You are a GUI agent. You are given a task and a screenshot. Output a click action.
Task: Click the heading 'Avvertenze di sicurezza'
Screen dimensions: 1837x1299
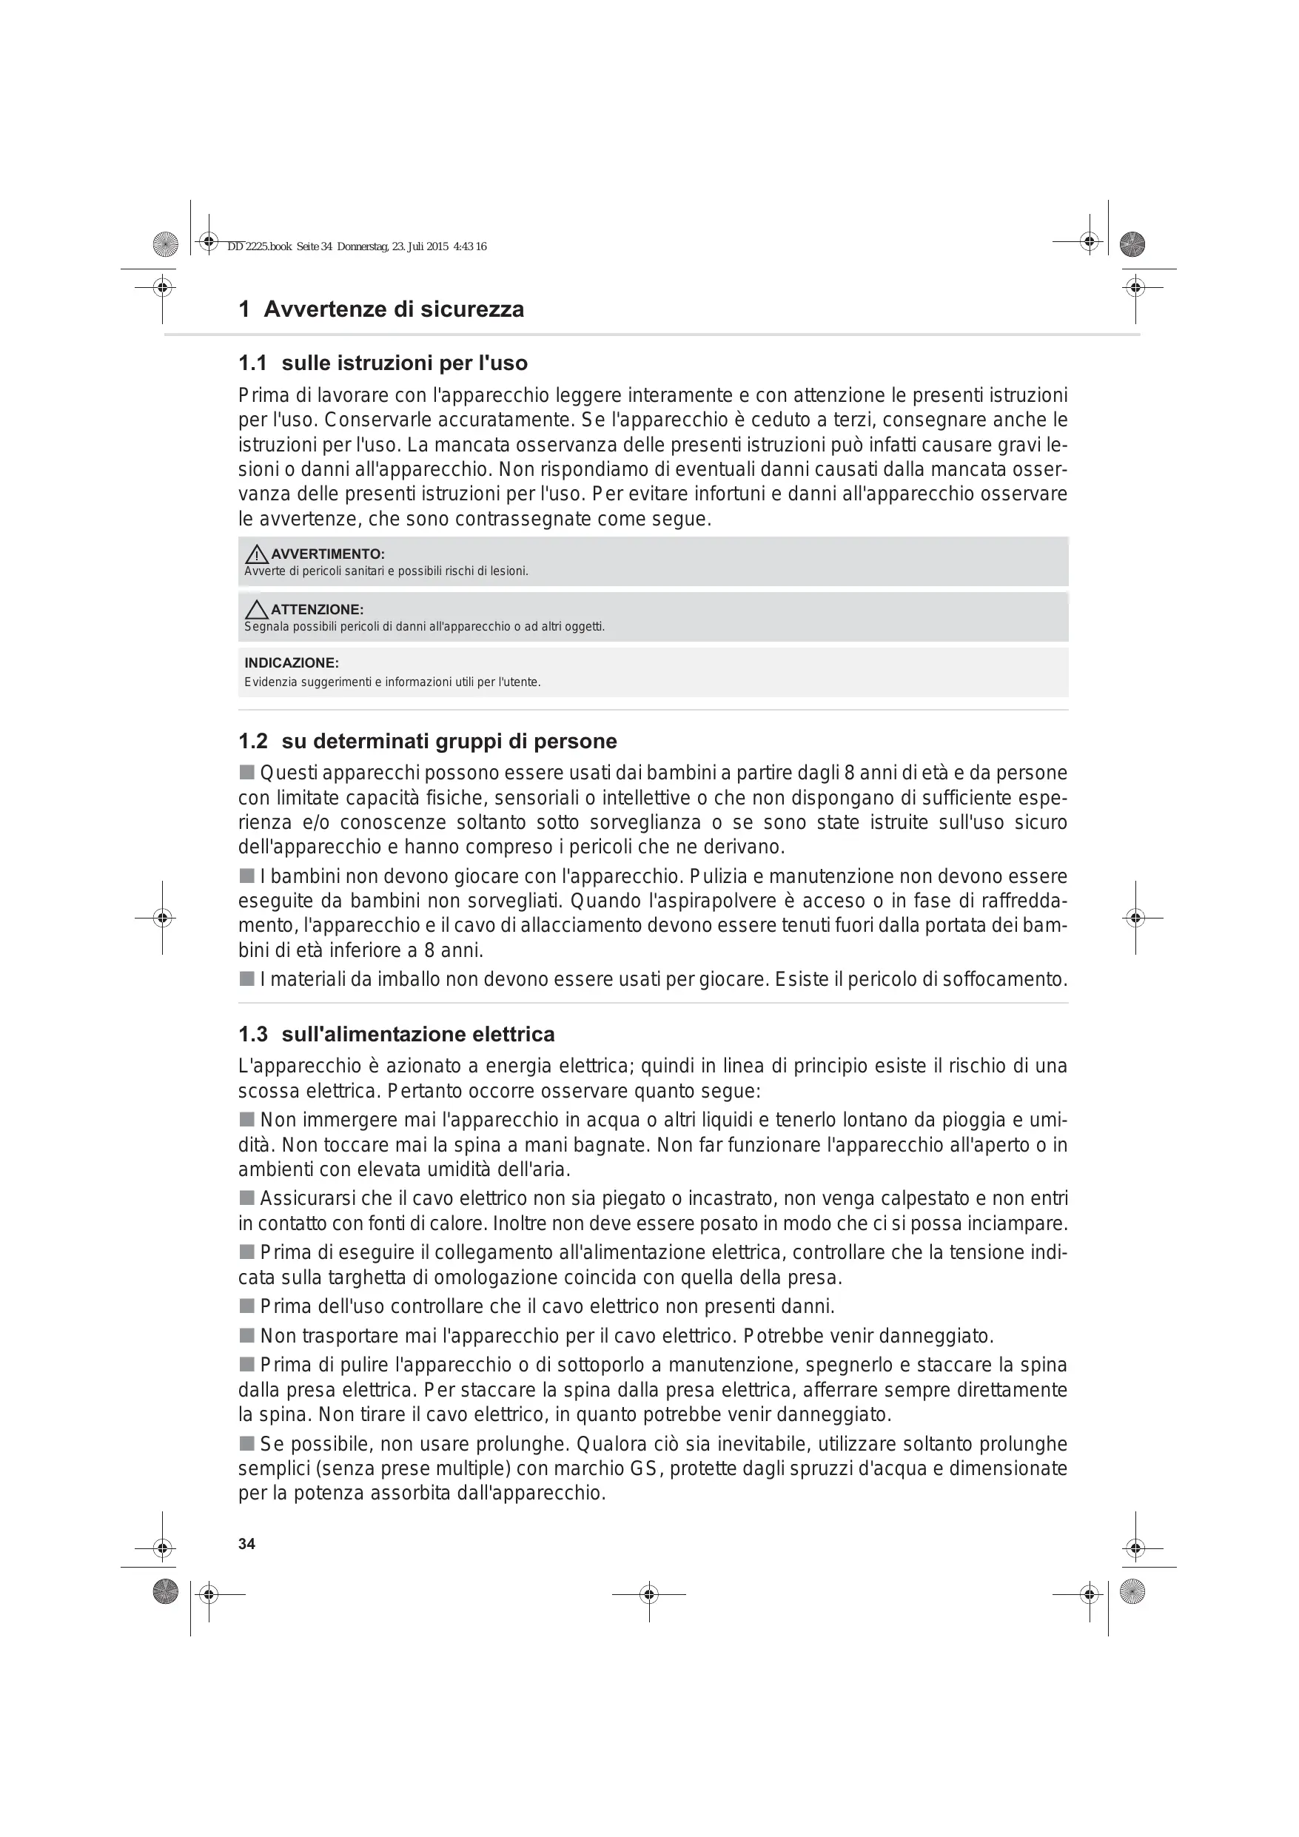coord(393,309)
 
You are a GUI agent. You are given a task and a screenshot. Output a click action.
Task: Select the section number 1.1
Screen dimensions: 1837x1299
coord(252,363)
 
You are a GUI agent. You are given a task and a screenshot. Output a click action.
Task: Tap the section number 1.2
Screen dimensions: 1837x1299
coord(252,741)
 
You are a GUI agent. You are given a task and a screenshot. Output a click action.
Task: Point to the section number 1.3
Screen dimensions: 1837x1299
coord(252,1035)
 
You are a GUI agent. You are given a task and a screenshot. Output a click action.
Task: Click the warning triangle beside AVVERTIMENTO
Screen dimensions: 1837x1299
coord(257,554)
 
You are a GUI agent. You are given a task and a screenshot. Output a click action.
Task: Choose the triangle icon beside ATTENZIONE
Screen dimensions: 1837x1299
coord(257,610)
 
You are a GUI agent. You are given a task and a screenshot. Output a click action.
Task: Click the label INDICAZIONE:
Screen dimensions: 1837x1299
coord(292,663)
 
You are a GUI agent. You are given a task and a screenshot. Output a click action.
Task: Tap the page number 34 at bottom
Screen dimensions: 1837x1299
coord(246,1544)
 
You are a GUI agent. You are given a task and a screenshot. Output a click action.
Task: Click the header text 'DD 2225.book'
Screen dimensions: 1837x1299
coord(259,247)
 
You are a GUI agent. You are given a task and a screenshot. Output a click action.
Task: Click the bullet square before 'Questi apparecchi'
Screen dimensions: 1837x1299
coord(246,773)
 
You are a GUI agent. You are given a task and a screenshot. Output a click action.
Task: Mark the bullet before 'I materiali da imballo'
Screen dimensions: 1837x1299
coord(246,978)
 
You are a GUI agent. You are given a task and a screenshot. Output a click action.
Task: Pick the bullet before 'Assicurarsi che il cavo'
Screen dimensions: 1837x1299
coord(246,1198)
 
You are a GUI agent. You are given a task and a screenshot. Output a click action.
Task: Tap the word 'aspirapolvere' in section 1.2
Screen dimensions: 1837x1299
coord(701,901)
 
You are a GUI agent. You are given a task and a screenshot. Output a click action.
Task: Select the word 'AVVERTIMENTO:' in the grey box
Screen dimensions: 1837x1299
coord(327,554)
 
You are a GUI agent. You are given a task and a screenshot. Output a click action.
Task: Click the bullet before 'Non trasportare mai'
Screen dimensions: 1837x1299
coord(246,1335)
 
